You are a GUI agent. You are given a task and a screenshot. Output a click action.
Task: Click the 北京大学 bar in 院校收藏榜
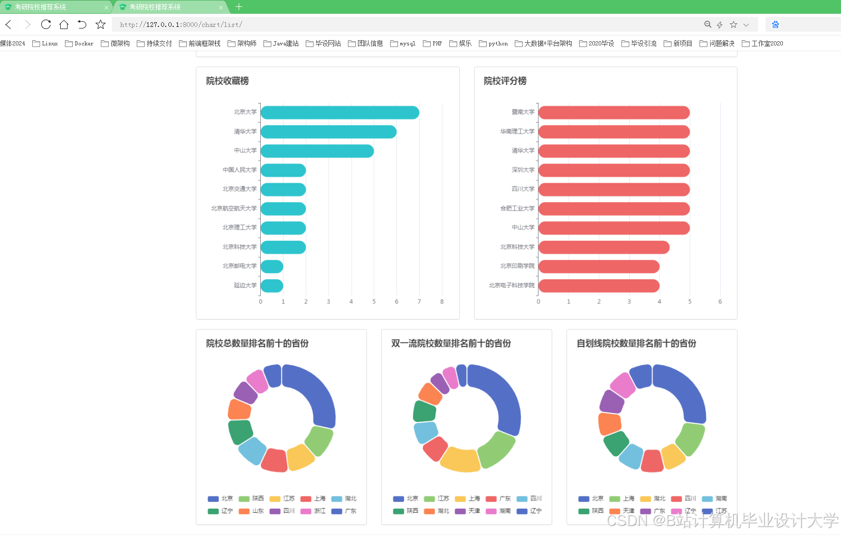coord(339,112)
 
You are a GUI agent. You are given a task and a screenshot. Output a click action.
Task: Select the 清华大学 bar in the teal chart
coord(328,132)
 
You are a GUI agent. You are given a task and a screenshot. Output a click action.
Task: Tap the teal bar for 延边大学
coord(272,286)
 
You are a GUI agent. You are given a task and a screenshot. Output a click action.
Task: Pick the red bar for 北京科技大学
coord(603,247)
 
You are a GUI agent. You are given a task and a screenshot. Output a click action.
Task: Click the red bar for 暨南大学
coord(613,112)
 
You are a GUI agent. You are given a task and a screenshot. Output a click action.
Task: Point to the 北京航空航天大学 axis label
coord(234,209)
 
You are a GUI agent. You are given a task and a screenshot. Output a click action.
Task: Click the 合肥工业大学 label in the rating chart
coord(517,209)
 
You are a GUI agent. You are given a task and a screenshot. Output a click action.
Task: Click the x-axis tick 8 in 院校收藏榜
coord(442,302)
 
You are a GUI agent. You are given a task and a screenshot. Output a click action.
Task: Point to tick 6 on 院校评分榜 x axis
coord(720,302)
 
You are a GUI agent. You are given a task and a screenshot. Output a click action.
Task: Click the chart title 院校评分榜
coord(505,81)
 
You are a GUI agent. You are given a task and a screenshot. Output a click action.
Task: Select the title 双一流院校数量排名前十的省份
coord(451,343)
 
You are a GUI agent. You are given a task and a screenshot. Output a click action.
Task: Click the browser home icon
coord(64,24)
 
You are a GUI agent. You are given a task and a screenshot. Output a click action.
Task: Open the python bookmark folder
coord(493,43)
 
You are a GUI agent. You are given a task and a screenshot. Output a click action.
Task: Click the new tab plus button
coord(239,7)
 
